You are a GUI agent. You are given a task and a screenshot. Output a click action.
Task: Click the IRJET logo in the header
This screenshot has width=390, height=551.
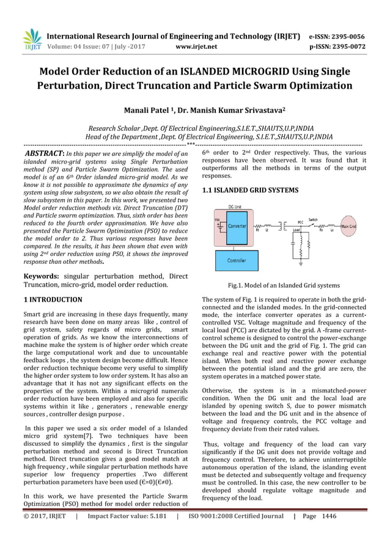tap(32, 39)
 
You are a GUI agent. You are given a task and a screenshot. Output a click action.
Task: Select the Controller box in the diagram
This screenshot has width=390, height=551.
tap(237, 260)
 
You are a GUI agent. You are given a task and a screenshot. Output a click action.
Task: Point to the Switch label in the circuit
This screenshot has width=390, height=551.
tap(312, 219)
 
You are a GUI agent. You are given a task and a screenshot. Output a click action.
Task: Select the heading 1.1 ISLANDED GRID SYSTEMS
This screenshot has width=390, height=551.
tap(250, 191)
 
